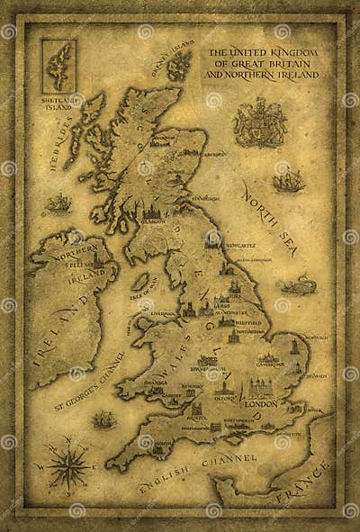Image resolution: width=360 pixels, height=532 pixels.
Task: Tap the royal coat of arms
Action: coord(259,122)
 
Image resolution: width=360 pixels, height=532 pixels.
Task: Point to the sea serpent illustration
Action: coord(297,287)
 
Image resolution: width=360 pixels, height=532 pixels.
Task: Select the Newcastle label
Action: coord(241,244)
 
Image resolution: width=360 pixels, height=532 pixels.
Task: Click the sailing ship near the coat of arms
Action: coord(288,181)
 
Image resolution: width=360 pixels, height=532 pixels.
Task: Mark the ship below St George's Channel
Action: coord(104,419)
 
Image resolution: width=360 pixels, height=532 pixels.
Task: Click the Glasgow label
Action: coord(152,219)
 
